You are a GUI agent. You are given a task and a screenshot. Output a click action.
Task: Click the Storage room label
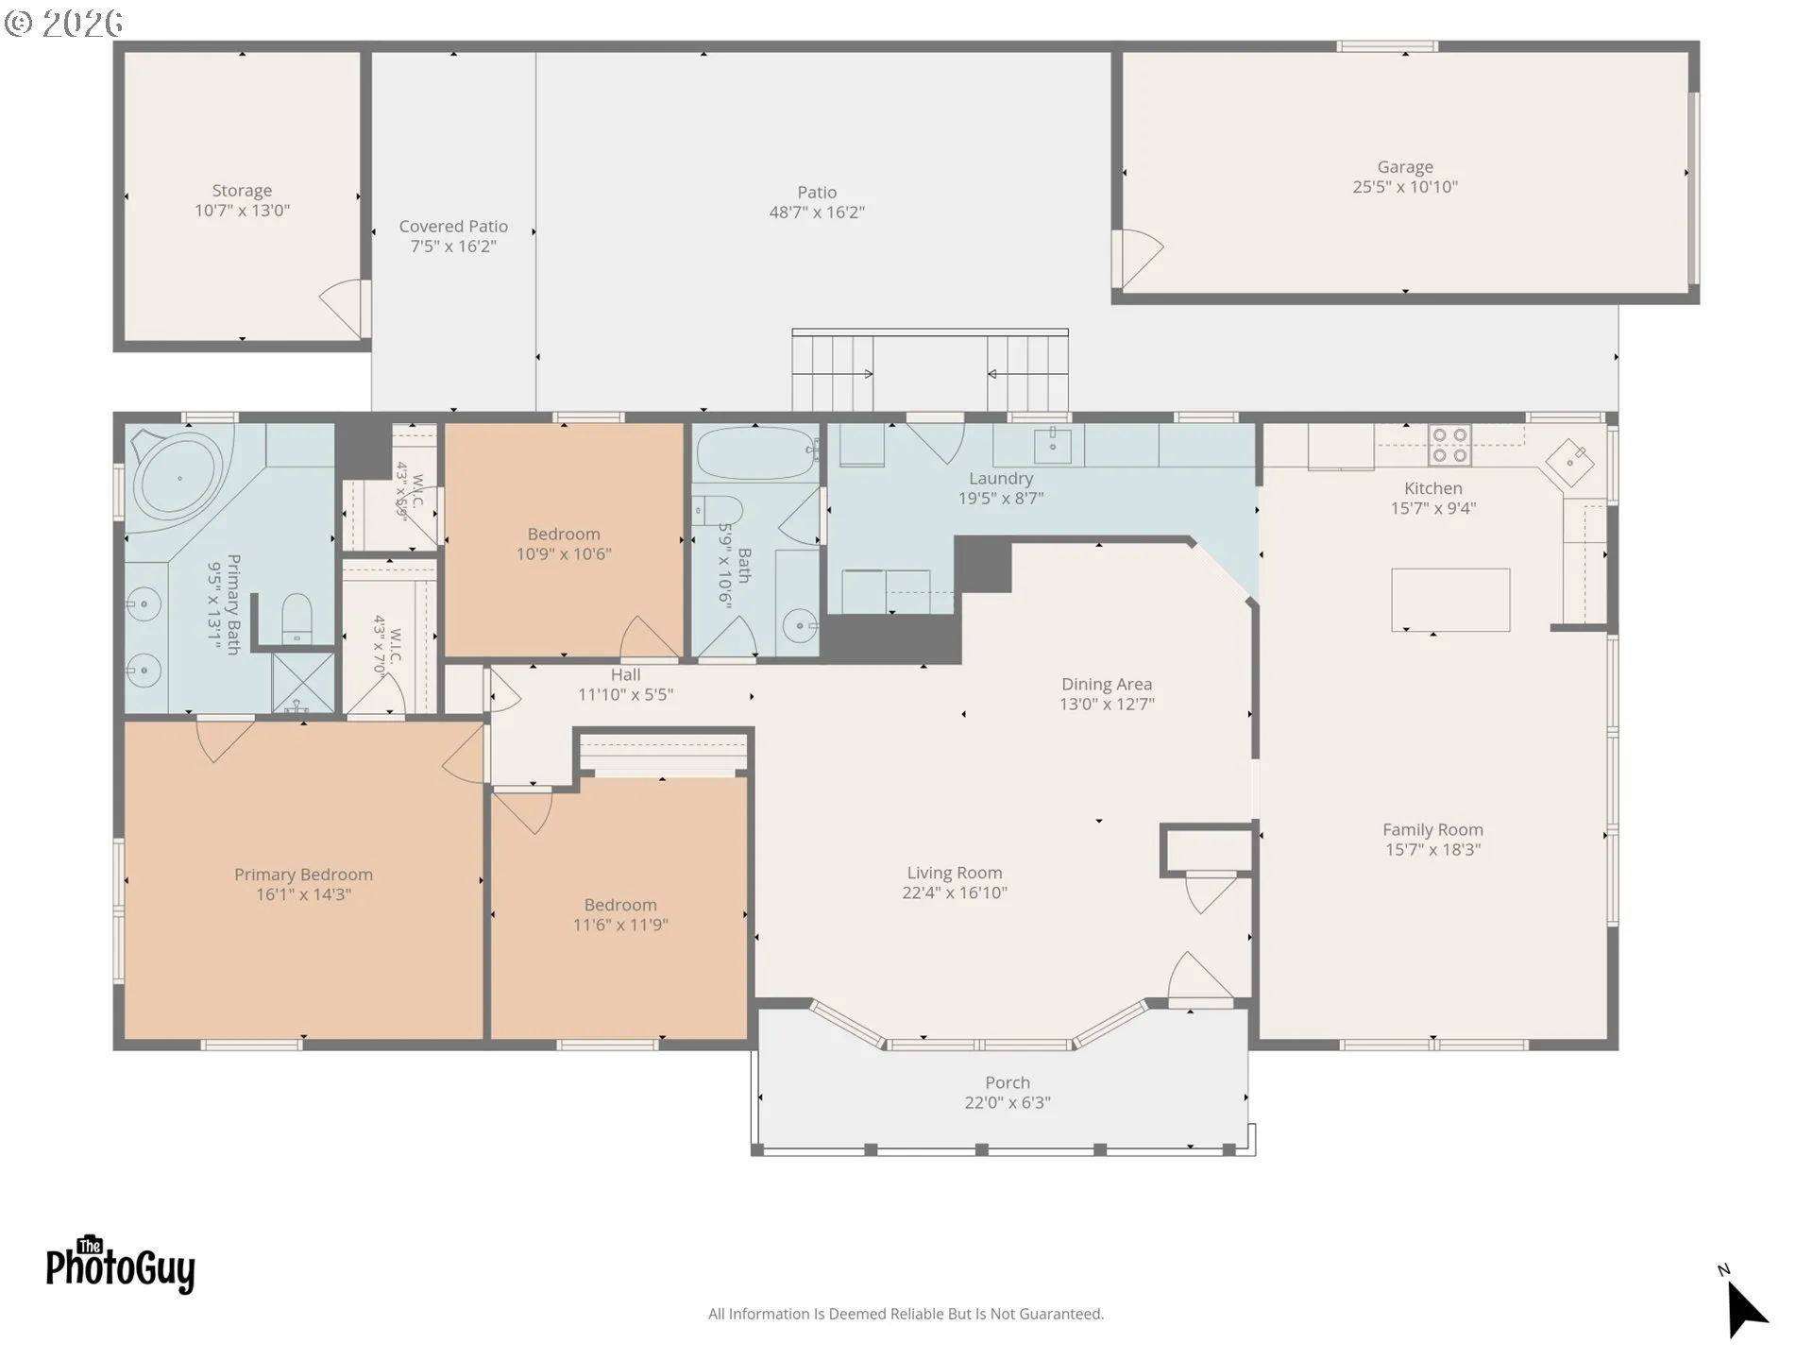coord(242,191)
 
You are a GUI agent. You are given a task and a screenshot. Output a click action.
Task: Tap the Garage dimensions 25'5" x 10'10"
coord(1405,187)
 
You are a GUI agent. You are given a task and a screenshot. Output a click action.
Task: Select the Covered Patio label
coord(453,227)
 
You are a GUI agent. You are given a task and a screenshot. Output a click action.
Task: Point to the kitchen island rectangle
coord(1450,600)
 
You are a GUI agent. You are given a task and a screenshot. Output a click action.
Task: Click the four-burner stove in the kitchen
coord(1450,445)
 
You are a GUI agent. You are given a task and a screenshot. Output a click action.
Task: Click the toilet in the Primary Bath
coord(297,617)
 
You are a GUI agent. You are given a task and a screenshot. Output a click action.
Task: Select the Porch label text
coord(1008,1082)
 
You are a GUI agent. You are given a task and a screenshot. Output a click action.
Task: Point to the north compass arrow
coord(1745,1307)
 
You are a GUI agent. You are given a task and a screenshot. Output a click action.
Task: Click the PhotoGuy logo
coord(120,1265)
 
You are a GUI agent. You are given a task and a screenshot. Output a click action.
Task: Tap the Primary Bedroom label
coord(303,875)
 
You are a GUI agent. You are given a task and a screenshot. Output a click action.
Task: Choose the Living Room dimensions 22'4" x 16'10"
coord(955,892)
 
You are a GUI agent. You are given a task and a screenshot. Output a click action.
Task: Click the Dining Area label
coord(1107,684)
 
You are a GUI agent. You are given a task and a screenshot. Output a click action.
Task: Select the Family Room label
coord(1432,829)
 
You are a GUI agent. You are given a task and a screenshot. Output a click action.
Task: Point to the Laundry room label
coord(1001,479)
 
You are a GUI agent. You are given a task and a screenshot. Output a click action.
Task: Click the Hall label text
coord(625,674)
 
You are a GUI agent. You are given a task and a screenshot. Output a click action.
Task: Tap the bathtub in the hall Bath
coord(756,454)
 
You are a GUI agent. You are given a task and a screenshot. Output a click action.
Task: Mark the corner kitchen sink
coord(1569,463)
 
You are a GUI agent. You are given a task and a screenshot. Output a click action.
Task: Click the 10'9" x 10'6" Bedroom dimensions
coord(564,554)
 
